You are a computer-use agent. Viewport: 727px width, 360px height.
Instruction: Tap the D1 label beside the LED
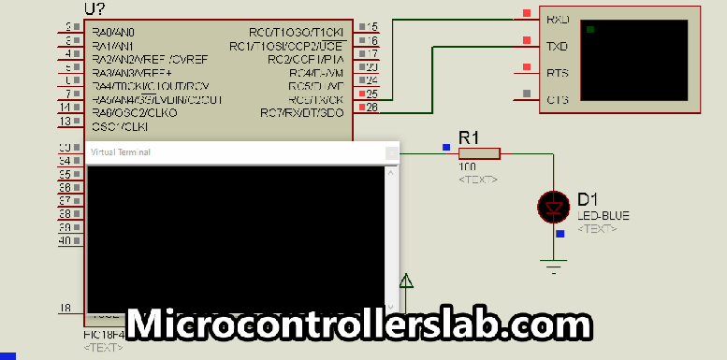587,199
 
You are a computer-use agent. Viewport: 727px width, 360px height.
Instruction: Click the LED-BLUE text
603,215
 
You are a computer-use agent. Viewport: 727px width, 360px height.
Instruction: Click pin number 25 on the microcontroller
372,94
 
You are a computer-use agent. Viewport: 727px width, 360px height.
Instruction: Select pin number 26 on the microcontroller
372,108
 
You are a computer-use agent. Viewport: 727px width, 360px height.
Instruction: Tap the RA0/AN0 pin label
112,32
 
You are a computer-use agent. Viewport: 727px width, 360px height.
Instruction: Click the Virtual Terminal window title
120,151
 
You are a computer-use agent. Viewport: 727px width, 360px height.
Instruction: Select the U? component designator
94,8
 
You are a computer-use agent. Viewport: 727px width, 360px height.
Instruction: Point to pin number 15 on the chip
372,27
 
